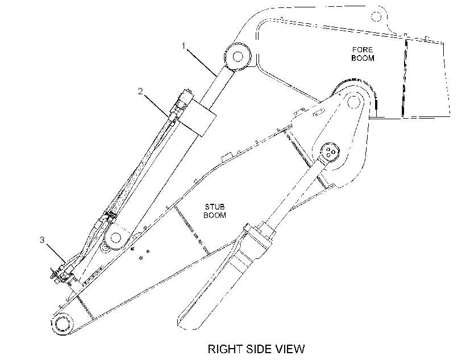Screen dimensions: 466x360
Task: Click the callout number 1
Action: (184, 46)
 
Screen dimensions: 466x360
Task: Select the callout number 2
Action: (140, 91)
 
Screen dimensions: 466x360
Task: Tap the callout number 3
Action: (42, 240)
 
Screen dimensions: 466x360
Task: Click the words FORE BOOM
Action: (363, 54)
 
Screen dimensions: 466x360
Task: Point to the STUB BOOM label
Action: (215, 211)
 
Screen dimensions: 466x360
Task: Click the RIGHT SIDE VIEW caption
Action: (256, 349)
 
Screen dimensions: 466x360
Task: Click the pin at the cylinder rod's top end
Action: (238, 56)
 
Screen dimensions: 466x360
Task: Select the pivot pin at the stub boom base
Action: (62, 323)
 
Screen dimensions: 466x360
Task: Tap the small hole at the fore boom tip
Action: (376, 16)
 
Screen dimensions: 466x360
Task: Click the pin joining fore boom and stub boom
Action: (354, 102)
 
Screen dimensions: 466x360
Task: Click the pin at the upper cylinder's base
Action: (115, 237)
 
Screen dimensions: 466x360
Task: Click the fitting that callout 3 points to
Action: (63, 274)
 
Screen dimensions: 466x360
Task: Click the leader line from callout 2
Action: (156, 105)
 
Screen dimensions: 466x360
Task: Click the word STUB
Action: (215, 207)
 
